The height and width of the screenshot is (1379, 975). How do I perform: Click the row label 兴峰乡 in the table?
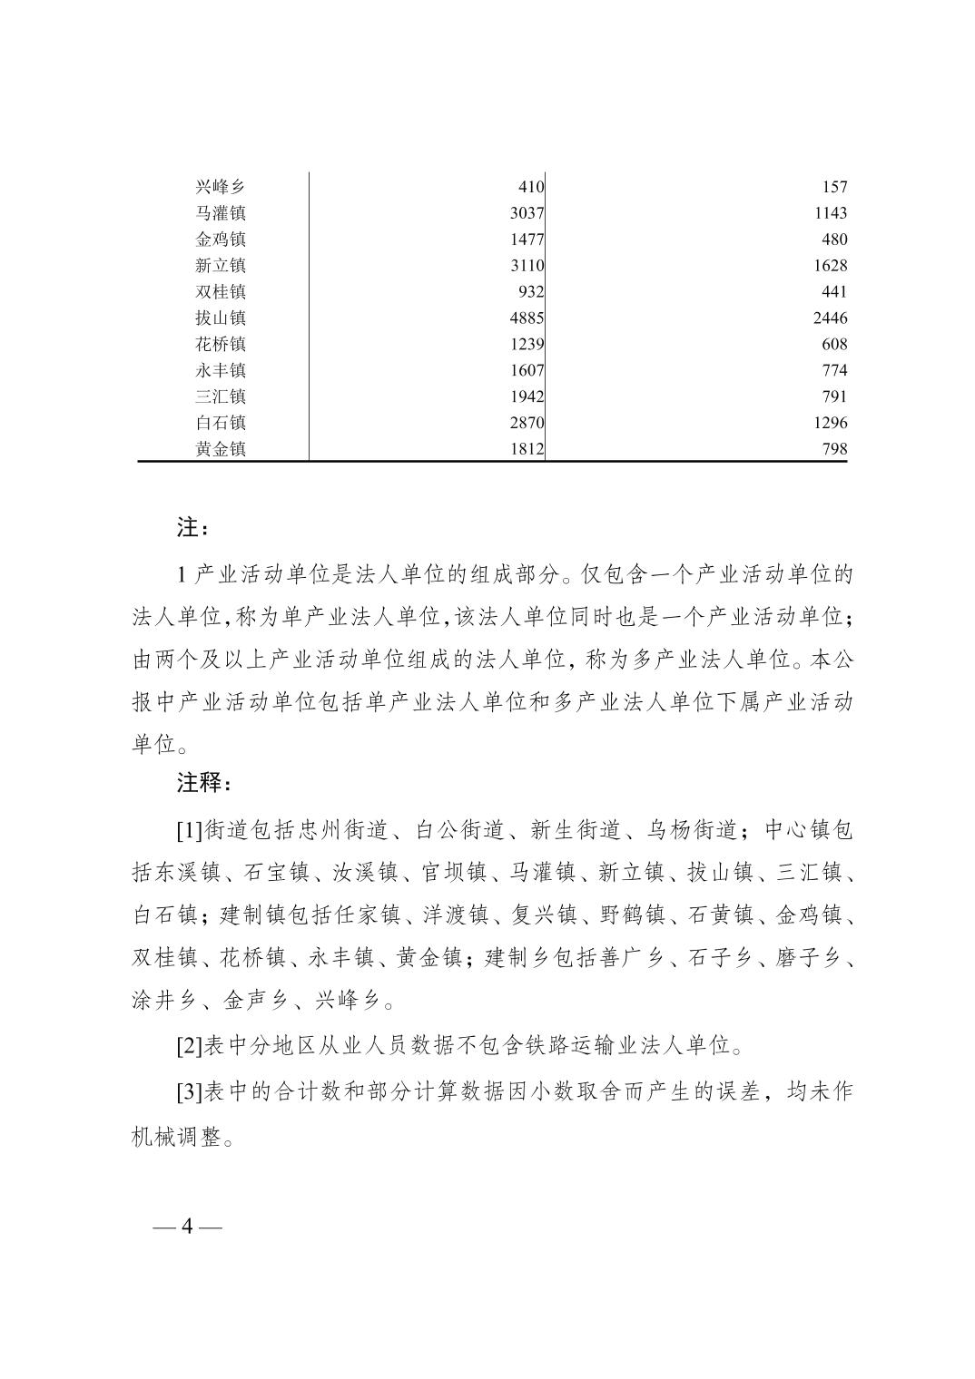[x=220, y=187]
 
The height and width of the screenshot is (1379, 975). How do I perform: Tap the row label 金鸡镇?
[x=220, y=240]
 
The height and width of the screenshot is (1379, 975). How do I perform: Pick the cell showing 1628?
[x=830, y=266]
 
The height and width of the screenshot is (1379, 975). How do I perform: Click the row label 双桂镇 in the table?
[x=220, y=292]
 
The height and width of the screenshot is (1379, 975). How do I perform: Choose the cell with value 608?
[x=833, y=345]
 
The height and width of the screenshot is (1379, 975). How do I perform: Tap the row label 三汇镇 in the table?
[x=220, y=396]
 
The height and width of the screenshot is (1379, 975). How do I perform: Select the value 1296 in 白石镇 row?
[x=830, y=423]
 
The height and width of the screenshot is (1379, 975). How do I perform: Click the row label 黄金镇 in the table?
[x=220, y=449]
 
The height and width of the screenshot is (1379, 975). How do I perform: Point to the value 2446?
[x=830, y=318]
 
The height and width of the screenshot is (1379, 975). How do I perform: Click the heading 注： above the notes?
[x=192, y=527]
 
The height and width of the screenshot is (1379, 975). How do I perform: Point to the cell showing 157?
[x=833, y=187]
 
